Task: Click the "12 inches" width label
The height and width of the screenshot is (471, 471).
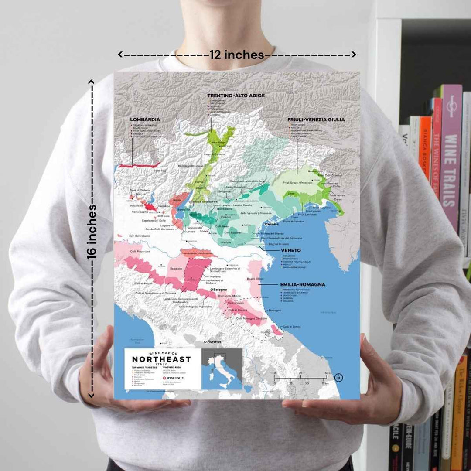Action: point(237,55)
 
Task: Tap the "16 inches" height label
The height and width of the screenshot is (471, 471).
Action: point(92,232)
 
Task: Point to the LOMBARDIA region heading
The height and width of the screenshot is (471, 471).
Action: point(145,119)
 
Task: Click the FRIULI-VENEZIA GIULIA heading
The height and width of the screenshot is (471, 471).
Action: point(316,119)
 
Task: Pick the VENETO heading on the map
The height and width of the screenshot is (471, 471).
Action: point(280,251)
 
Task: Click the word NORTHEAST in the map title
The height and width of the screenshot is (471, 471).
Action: point(161,359)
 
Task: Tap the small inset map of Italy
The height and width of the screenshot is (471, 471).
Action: point(222,369)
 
